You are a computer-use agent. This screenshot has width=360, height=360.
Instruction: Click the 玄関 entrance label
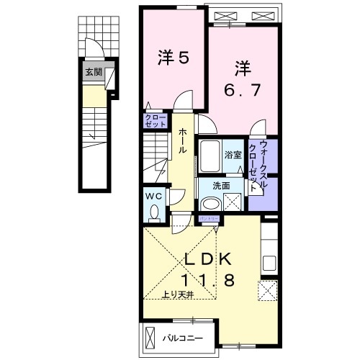tap(93, 72)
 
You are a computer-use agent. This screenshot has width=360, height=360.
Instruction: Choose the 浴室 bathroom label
tap(232, 154)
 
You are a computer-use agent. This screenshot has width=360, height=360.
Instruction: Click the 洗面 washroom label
tap(220, 185)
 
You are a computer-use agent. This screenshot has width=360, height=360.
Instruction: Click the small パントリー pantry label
tap(210, 217)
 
